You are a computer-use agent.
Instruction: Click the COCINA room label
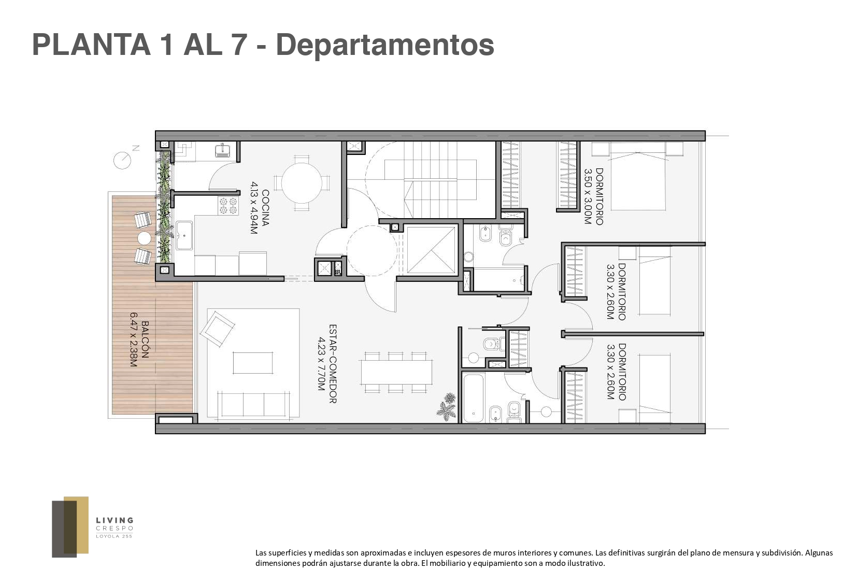click(266, 208)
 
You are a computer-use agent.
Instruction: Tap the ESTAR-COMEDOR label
click(333, 364)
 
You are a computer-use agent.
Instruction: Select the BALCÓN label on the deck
click(146, 339)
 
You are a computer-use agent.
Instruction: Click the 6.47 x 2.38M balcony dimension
click(134, 339)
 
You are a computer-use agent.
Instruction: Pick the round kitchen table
click(302, 183)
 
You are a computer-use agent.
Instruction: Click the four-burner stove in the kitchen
click(228, 206)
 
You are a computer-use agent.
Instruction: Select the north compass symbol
click(123, 160)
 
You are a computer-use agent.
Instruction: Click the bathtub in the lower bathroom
click(473, 398)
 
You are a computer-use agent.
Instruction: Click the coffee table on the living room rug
click(253, 363)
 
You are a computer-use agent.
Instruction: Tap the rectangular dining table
click(396, 372)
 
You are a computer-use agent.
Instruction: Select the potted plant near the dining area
click(447, 406)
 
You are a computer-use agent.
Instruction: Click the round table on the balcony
click(144, 238)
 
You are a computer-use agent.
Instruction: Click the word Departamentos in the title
click(385, 45)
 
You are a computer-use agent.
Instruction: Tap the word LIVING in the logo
click(115, 521)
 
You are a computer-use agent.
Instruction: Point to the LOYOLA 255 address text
click(115, 536)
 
